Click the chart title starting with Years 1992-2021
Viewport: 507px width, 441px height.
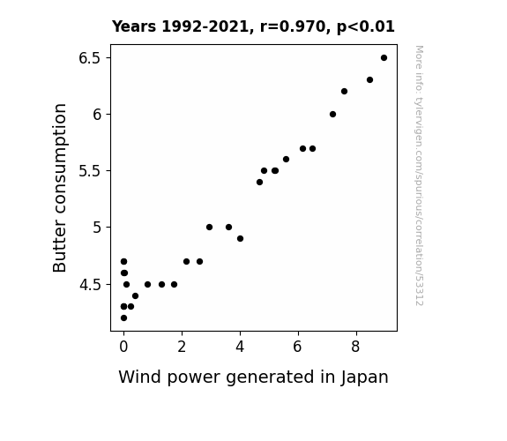pyautogui.click(x=253, y=26)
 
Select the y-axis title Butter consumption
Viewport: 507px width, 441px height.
pyautogui.click(x=59, y=188)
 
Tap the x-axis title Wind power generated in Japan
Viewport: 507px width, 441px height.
pyautogui.click(x=254, y=377)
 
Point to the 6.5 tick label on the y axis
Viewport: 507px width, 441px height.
pyautogui.click(x=90, y=58)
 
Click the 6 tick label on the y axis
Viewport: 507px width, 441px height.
pyautogui.click(x=97, y=115)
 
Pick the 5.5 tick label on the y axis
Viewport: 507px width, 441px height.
pyautogui.click(x=90, y=171)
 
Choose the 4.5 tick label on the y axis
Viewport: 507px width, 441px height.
pyautogui.click(x=90, y=285)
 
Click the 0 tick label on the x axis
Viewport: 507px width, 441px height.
pyautogui.click(x=123, y=347)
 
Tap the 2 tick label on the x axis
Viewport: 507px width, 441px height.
pyautogui.click(x=182, y=347)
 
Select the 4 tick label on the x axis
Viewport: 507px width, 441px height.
pyautogui.click(x=240, y=347)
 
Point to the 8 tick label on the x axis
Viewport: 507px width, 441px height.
pyautogui.click(x=355, y=347)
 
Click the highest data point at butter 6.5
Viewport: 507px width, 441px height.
pyautogui.click(x=384, y=58)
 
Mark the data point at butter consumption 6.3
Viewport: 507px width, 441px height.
pyautogui.click(x=370, y=80)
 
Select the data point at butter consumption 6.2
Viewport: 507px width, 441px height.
pyautogui.click(x=345, y=92)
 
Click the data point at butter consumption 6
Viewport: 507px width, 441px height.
pyautogui.click(x=332, y=114)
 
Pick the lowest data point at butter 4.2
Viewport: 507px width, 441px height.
pyautogui.click(x=123, y=318)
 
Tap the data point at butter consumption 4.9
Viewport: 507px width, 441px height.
pyautogui.click(x=240, y=239)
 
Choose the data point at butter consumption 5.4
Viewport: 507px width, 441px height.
pyautogui.click(x=259, y=183)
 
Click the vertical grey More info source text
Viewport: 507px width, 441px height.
pyautogui.click(x=419, y=176)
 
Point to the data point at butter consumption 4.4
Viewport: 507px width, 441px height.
pyautogui.click(x=135, y=296)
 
